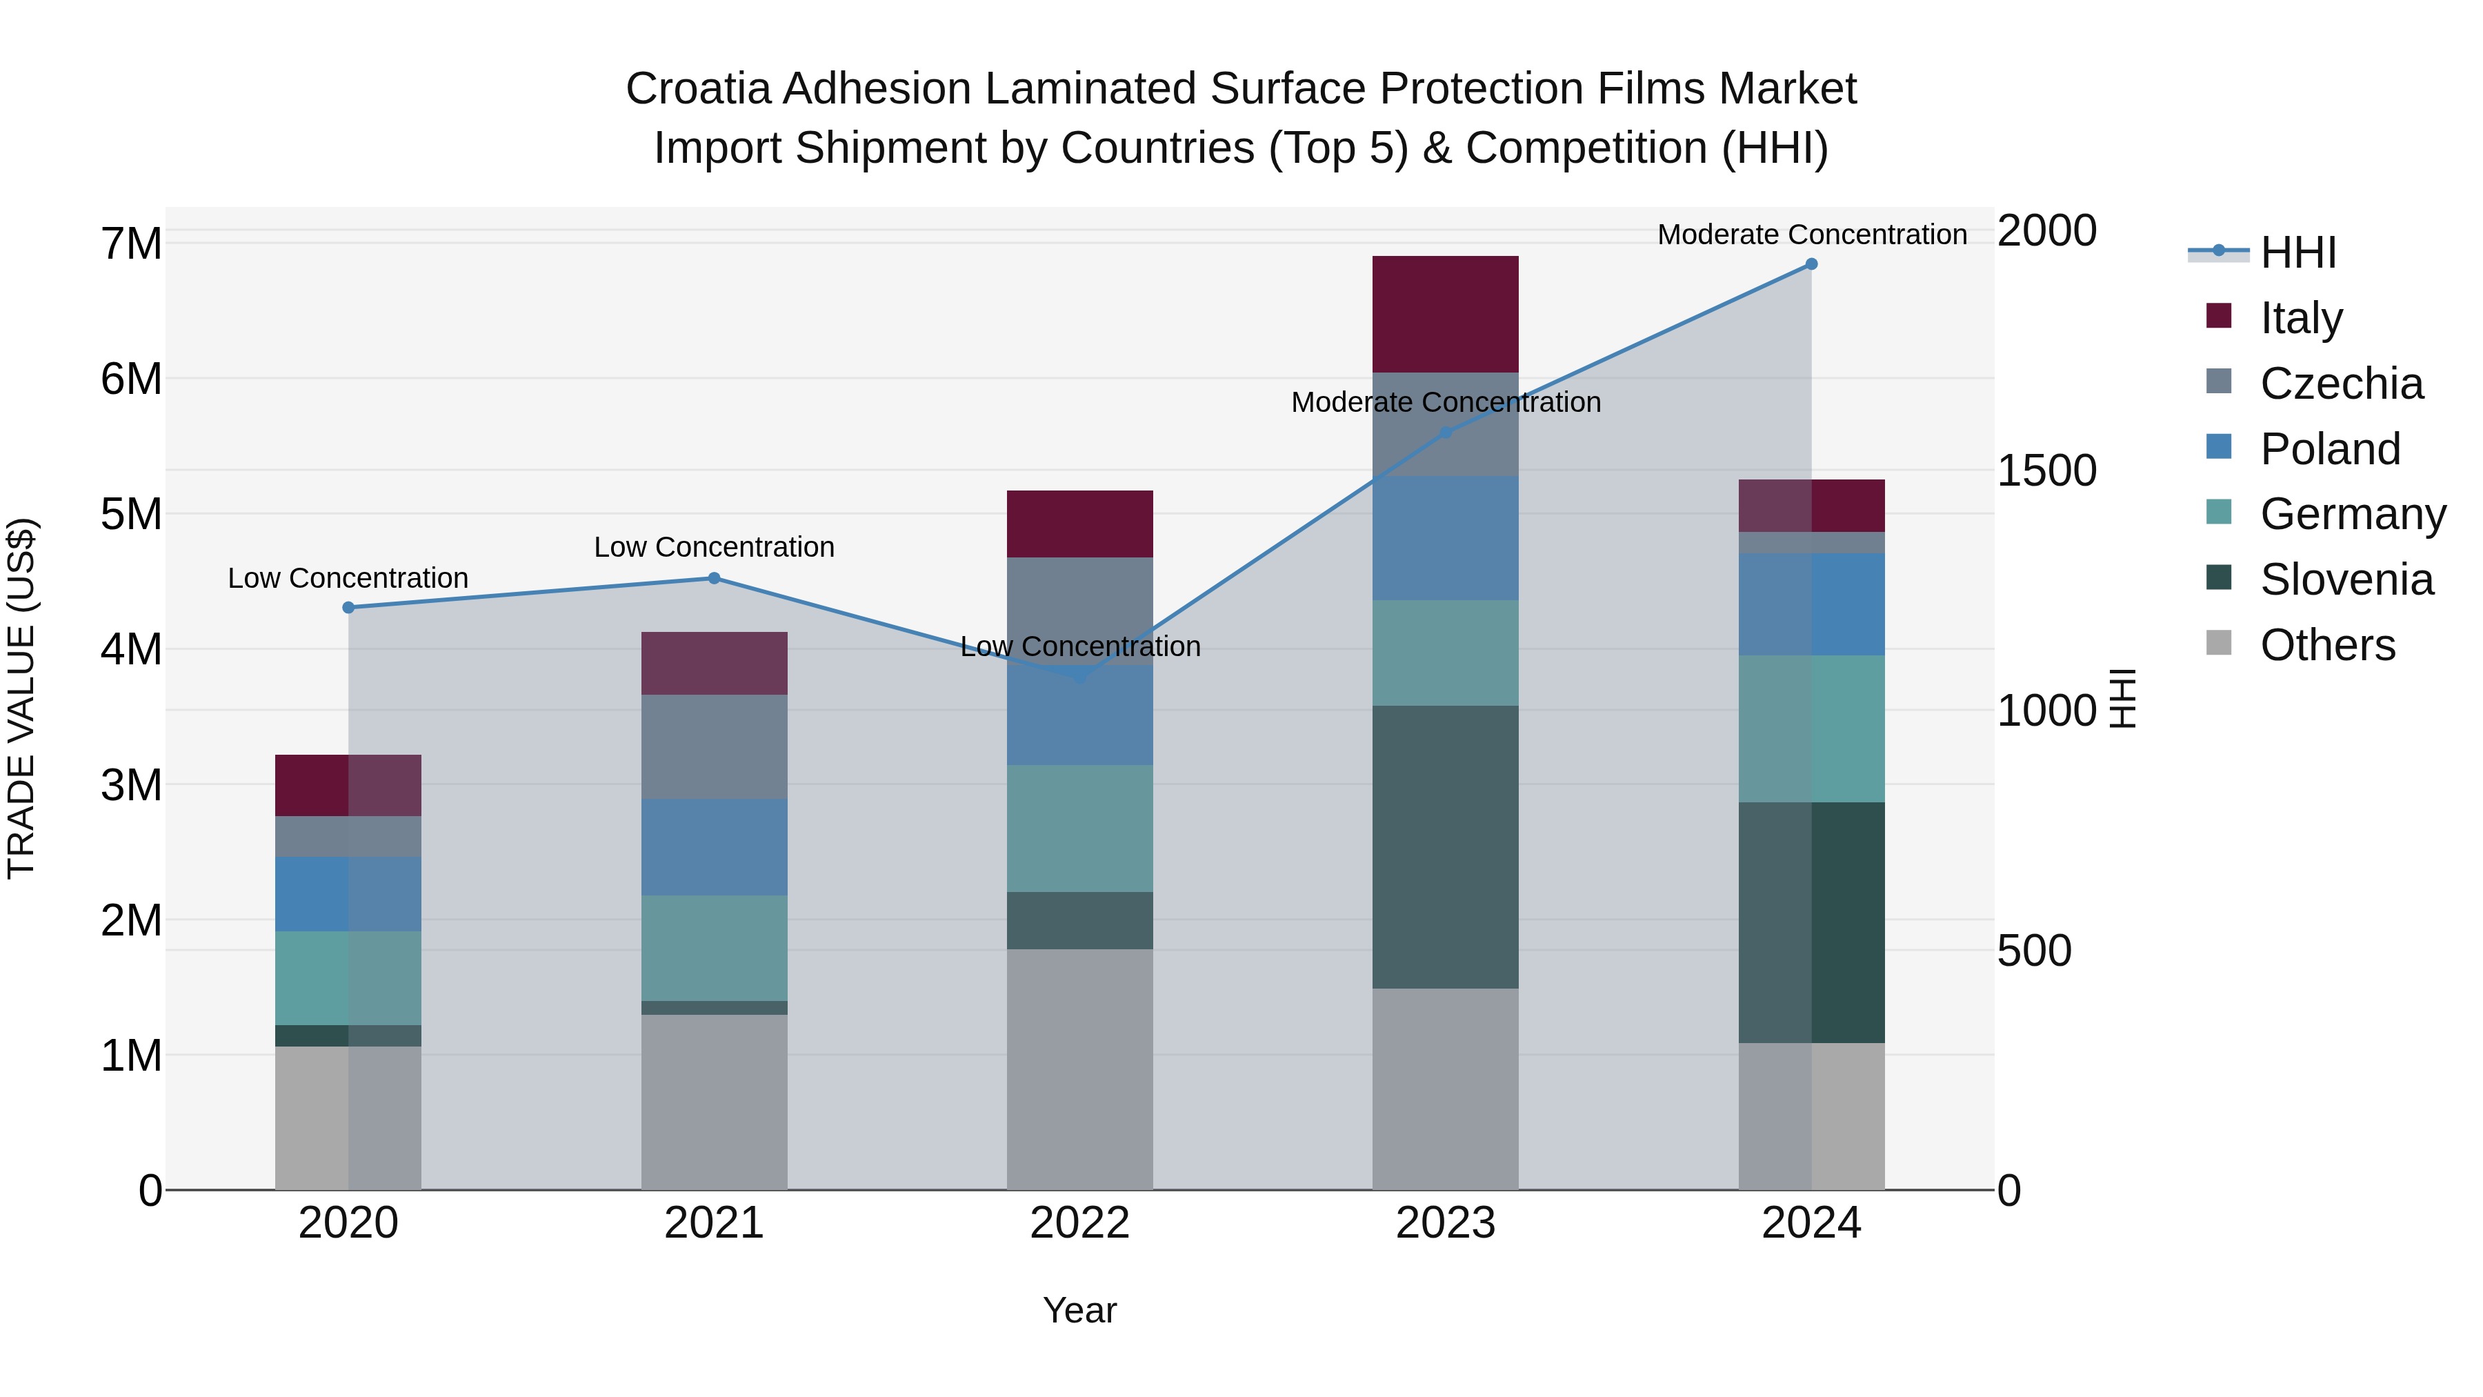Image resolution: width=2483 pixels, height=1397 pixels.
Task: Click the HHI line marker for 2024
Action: tap(1811, 264)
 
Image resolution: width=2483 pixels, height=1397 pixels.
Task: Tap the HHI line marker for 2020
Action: tap(349, 607)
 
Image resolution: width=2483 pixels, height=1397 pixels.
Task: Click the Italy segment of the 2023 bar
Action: tap(1445, 315)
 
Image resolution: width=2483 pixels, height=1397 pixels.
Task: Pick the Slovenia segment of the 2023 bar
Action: tap(1445, 846)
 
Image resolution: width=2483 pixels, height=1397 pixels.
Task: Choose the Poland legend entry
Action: tap(2329, 449)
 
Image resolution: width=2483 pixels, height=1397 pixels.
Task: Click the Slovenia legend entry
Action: tap(2346, 579)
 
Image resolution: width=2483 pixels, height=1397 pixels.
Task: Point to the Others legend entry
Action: tap(2327, 645)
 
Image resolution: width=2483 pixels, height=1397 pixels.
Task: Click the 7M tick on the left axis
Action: tap(131, 244)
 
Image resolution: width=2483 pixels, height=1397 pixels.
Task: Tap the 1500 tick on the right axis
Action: tap(2046, 470)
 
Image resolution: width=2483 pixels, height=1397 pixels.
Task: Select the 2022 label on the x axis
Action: tap(1079, 1223)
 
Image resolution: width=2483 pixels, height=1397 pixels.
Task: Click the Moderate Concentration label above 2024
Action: tap(1811, 235)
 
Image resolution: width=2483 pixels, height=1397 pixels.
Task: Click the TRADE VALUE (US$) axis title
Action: tap(22, 698)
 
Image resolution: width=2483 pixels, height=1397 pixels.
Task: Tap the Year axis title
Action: tap(1079, 1310)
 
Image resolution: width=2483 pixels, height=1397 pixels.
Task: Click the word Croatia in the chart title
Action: tap(698, 89)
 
